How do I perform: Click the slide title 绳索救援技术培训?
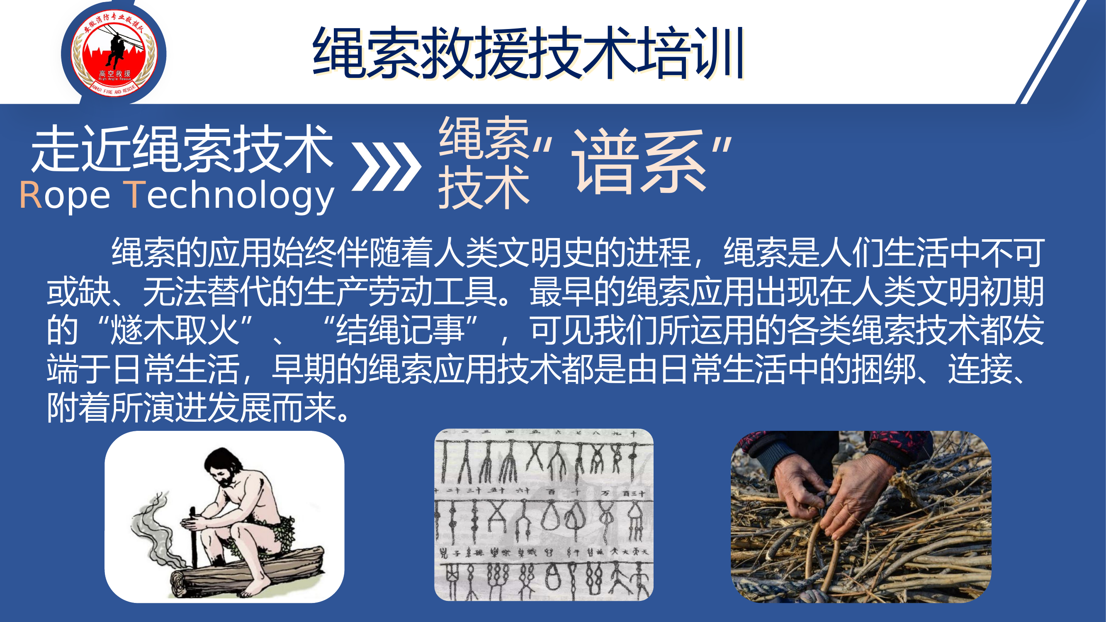pyautogui.click(x=528, y=53)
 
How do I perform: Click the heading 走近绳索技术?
pyautogui.click(x=182, y=148)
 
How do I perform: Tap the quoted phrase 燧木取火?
pyautogui.click(x=174, y=330)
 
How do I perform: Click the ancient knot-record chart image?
pyautogui.click(x=544, y=515)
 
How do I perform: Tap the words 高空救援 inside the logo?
pyautogui.click(x=114, y=74)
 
